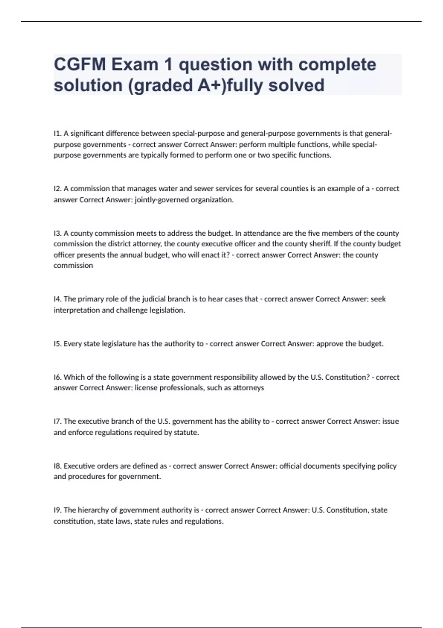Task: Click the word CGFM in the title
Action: click(80, 65)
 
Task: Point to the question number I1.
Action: click(57, 133)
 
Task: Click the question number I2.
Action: click(57, 189)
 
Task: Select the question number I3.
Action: click(57, 233)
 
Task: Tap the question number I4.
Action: click(57, 299)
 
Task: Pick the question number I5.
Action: click(57, 344)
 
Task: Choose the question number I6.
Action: click(57, 377)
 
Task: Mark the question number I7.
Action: click(57, 421)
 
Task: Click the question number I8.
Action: click(57, 466)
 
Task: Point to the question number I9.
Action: click(57, 510)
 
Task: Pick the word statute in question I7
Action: click(186, 433)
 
